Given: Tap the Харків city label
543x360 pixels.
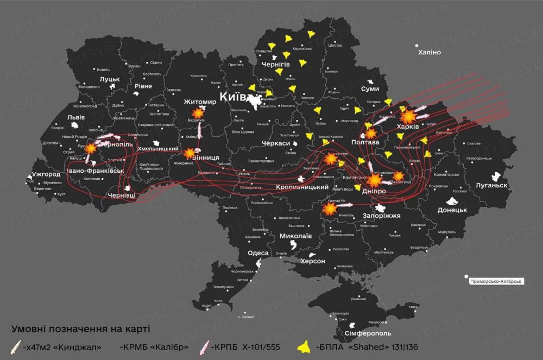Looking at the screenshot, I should pos(408,127).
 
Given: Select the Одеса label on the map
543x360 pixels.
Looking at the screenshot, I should pos(258,254).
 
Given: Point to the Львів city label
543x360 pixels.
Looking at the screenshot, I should pos(75,117).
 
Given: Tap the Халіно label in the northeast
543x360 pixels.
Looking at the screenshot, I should pos(430,52).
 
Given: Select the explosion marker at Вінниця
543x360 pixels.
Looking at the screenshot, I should pos(189,154).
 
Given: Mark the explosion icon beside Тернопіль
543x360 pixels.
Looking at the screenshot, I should pos(91,148).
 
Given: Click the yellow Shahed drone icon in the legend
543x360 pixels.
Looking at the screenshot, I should pos(305,346).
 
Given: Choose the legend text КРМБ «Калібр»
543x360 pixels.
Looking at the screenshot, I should pos(154,347).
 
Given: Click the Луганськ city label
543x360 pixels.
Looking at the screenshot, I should pos(491,185).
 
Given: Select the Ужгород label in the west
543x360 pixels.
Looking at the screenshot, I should pos(46,175).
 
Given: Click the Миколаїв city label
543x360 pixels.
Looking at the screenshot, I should pos(295,236).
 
